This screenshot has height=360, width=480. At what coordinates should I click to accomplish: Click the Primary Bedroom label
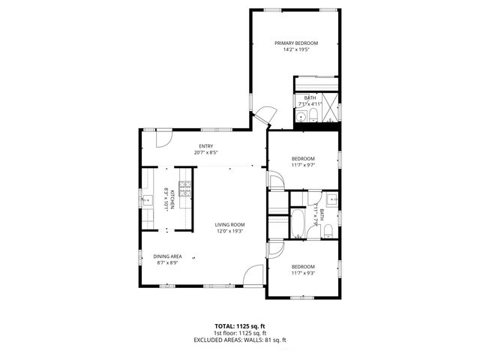[x=295, y=43]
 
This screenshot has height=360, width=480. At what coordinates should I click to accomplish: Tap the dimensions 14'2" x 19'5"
[x=295, y=50]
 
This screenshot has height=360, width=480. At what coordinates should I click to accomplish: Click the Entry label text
[x=205, y=146]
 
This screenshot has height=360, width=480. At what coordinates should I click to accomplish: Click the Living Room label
[x=229, y=224]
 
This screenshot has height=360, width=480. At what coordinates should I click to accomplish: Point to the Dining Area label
[x=167, y=256]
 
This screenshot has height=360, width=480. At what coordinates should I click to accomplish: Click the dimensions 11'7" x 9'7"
[x=303, y=165]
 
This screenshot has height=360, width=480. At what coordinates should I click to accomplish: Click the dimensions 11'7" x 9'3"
[x=303, y=273]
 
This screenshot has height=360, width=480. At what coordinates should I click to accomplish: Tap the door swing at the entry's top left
[x=164, y=137]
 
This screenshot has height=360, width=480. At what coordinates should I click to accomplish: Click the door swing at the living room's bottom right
[x=255, y=274]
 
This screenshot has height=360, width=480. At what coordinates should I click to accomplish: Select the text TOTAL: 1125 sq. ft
[x=240, y=326]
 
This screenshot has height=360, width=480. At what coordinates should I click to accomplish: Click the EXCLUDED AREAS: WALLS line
[x=240, y=340]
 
